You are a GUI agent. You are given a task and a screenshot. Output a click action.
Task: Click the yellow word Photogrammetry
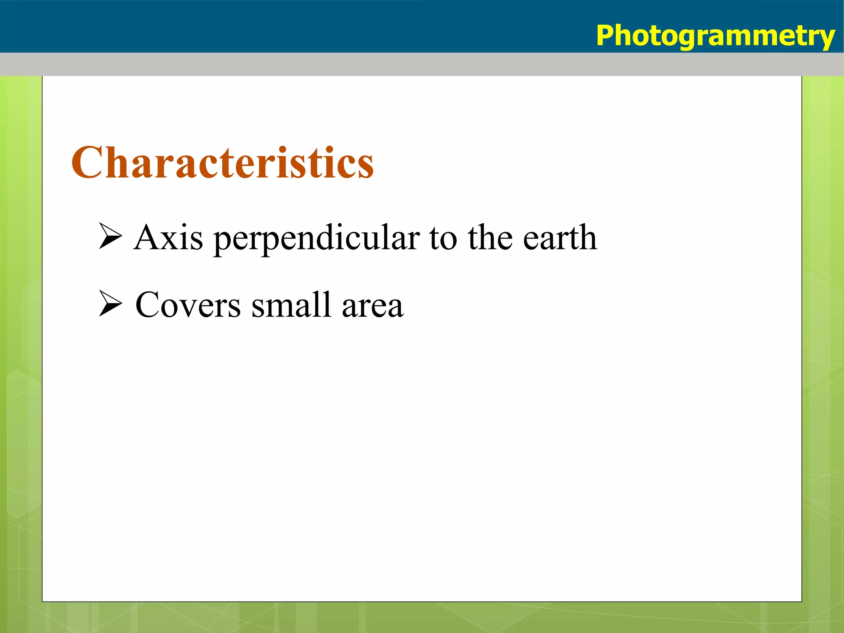tap(715, 36)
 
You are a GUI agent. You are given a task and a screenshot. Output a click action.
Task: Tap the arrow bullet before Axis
tap(110, 236)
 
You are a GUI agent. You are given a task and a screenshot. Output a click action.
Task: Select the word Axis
tap(168, 238)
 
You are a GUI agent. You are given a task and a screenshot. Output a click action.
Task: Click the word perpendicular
tap(316, 239)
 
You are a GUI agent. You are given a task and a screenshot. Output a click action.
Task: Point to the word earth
tap(560, 238)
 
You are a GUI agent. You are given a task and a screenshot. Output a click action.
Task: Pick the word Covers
tap(188, 305)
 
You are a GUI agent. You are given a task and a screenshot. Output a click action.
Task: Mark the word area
tap(373, 307)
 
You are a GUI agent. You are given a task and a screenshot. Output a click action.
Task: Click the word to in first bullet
tap(443, 239)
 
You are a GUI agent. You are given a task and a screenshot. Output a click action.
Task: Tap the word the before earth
tap(490, 238)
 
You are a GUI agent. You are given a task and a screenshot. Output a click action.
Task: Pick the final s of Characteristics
tap(365, 167)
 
